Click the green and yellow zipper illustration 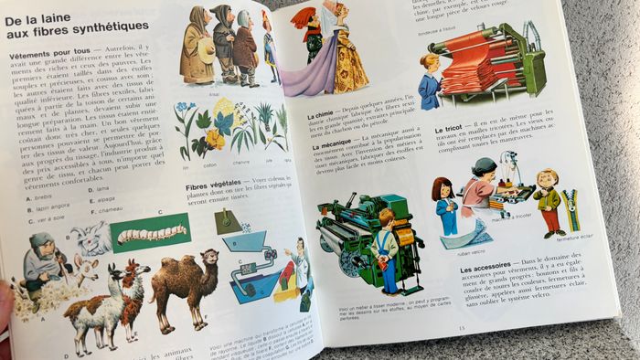pyautogui.click(x=571, y=208)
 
